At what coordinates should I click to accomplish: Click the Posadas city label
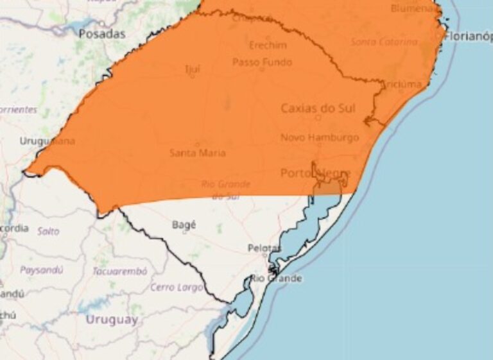(101, 34)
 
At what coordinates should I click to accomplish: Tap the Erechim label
(268, 46)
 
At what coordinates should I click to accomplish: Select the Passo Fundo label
(262, 62)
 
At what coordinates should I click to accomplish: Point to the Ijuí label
(192, 69)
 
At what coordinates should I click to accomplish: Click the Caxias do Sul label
(318, 108)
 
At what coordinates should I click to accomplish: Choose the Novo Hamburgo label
(319, 137)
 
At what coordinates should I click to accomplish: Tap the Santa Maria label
(197, 153)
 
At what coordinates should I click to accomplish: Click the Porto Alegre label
(315, 173)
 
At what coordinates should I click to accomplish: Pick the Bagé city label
(184, 225)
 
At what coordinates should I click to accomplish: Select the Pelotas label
(264, 248)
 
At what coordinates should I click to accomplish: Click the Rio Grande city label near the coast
(276, 279)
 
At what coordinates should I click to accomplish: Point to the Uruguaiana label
(47, 141)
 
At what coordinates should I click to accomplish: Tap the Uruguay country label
(112, 320)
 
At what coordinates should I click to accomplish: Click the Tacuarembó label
(120, 271)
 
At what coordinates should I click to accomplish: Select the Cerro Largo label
(177, 287)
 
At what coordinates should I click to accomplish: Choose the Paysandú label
(41, 270)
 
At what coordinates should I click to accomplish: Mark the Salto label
(48, 231)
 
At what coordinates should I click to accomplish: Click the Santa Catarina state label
(381, 42)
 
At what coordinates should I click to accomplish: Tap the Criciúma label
(402, 85)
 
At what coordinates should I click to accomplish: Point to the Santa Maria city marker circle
(197, 144)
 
